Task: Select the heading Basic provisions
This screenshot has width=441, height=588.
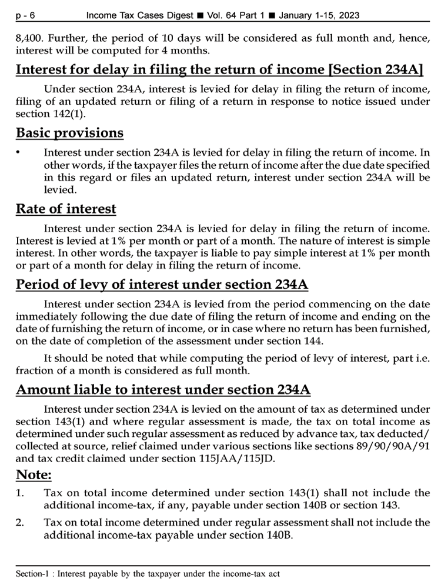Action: (x=70, y=133)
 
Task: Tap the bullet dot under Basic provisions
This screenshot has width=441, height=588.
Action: (x=19, y=152)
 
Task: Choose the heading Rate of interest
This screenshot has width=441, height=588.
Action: (x=66, y=209)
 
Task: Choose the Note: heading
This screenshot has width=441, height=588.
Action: (x=34, y=473)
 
